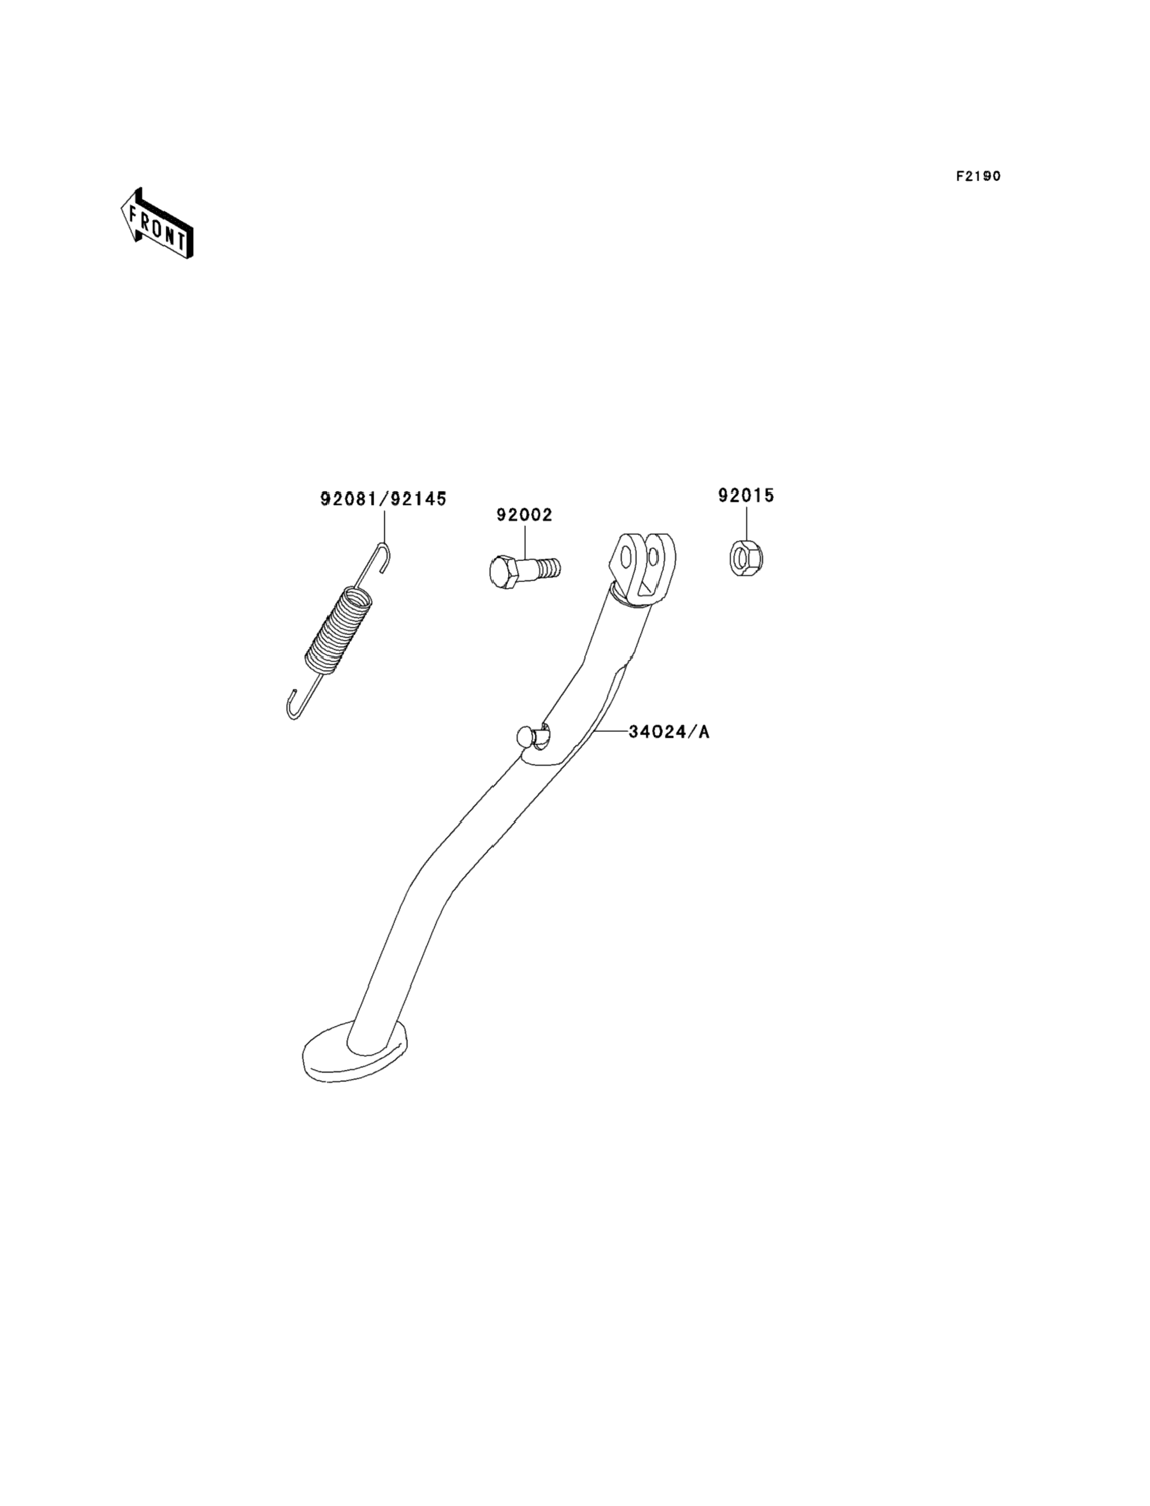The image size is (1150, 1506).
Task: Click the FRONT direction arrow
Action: coord(157,223)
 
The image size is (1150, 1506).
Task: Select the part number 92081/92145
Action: coord(383,499)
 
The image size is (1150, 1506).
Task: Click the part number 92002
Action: coord(525,514)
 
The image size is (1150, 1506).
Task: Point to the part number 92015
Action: coord(746,495)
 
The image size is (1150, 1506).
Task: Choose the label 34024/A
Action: coord(669,732)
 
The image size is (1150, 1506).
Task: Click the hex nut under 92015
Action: coord(747,557)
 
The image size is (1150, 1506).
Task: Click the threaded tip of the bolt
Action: coord(549,567)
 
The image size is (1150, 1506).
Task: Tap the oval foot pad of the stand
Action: coord(354,1060)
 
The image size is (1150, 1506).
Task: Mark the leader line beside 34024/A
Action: coord(611,732)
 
